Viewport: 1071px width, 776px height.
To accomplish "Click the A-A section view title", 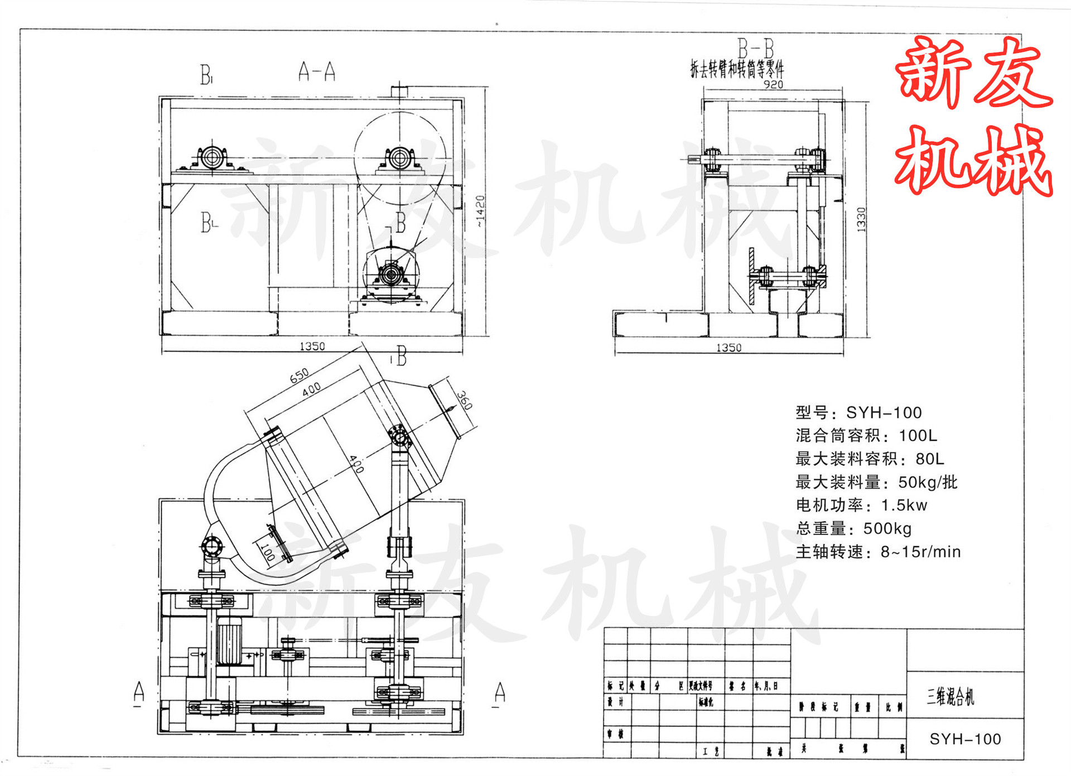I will pos(316,71).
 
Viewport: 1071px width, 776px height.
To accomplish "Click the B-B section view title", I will pos(755,48).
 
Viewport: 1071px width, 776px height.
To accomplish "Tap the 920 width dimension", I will pos(773,85).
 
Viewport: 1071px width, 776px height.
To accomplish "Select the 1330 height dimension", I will pos(861,219).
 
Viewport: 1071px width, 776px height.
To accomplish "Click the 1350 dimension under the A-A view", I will pos(312,346).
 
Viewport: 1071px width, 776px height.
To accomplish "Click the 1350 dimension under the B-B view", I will pos(729,348).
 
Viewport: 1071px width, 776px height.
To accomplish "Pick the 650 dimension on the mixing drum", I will pos(299,375).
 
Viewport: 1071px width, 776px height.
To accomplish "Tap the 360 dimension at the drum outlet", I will pos(464,400).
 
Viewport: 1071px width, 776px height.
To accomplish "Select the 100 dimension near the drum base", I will pos(268,552).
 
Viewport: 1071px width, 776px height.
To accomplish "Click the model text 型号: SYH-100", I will pos(858,413).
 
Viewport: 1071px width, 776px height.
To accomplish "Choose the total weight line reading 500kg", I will pos(853,528).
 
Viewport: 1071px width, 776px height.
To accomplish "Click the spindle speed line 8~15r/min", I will pos(878,552).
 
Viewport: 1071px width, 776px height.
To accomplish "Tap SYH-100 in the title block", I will pos(965,739).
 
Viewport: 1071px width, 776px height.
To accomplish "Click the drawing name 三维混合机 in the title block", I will pos(950,696).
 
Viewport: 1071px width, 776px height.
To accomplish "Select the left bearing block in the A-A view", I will pos(212,157).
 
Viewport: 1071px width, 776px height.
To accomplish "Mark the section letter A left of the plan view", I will pos(139,692).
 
